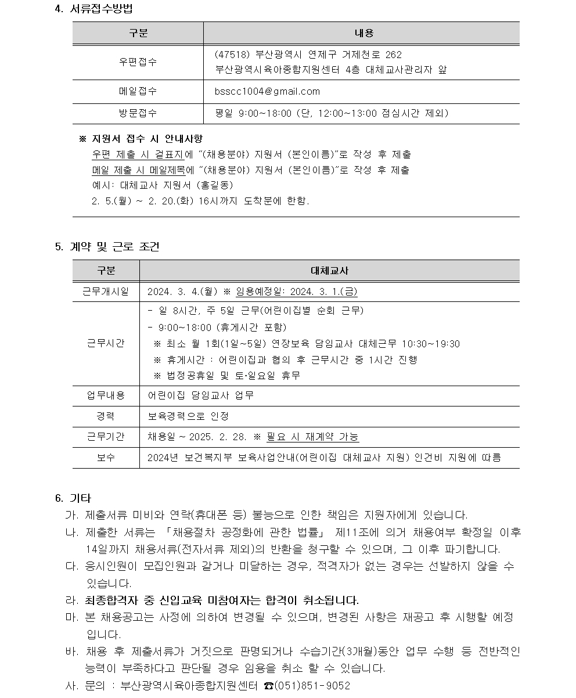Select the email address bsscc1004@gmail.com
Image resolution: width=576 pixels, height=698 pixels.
coord(267,92)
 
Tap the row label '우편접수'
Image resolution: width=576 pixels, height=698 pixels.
coord(138,62)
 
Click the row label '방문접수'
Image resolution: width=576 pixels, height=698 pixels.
coord(138,113)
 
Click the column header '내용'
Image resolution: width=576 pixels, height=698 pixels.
coord(363,33)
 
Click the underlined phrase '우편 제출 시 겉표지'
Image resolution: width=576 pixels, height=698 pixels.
coord(138,154)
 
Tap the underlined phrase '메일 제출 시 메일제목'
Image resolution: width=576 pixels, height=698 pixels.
coord(138,170)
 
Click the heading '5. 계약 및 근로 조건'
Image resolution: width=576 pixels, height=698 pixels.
coord(107,247)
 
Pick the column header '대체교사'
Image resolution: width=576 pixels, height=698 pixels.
coord(330,271)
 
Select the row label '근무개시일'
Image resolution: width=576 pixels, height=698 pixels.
coord(106,292)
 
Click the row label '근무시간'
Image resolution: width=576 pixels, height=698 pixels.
coord(106,343)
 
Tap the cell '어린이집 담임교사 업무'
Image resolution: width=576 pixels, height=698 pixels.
coord(200,395)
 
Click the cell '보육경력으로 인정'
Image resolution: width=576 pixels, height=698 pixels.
coord(188,416)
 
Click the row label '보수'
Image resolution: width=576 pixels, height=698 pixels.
coord(106,458)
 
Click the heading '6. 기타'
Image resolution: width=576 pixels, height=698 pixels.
coord(73,499)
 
